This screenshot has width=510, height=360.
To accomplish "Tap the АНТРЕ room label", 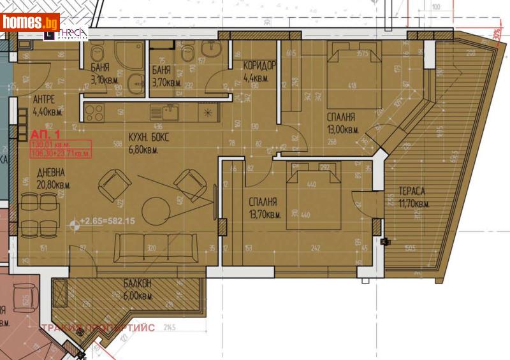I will point(45,99).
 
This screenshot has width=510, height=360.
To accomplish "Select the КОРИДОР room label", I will point(259,66).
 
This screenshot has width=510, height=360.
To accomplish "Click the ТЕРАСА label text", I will point(412,191).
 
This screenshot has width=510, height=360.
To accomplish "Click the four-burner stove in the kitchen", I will point(94,113).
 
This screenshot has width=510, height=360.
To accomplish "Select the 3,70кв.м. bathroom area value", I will point(167,82).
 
